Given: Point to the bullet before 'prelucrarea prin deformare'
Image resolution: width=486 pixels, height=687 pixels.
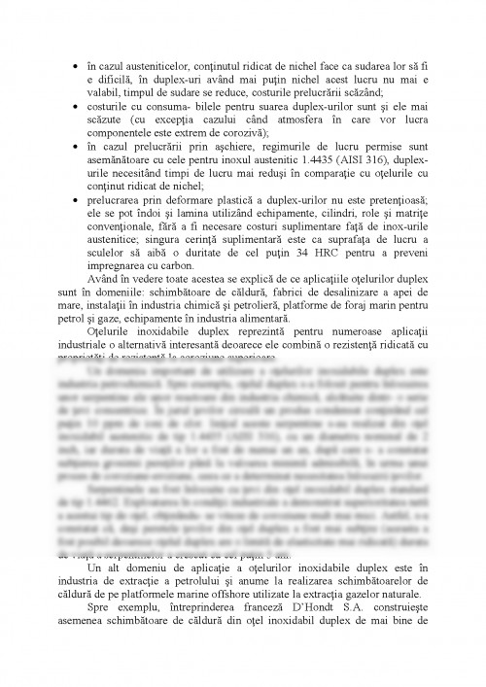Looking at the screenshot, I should point(76,204).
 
